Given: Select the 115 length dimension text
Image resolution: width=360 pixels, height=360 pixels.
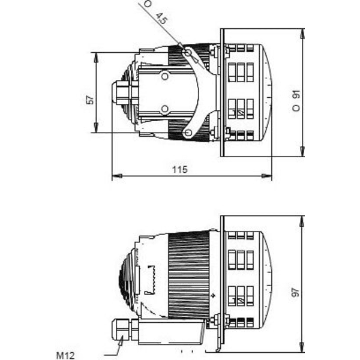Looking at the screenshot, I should [x=179, y=170].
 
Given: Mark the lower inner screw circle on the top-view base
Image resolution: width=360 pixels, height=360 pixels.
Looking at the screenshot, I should [x=164, y=109].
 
